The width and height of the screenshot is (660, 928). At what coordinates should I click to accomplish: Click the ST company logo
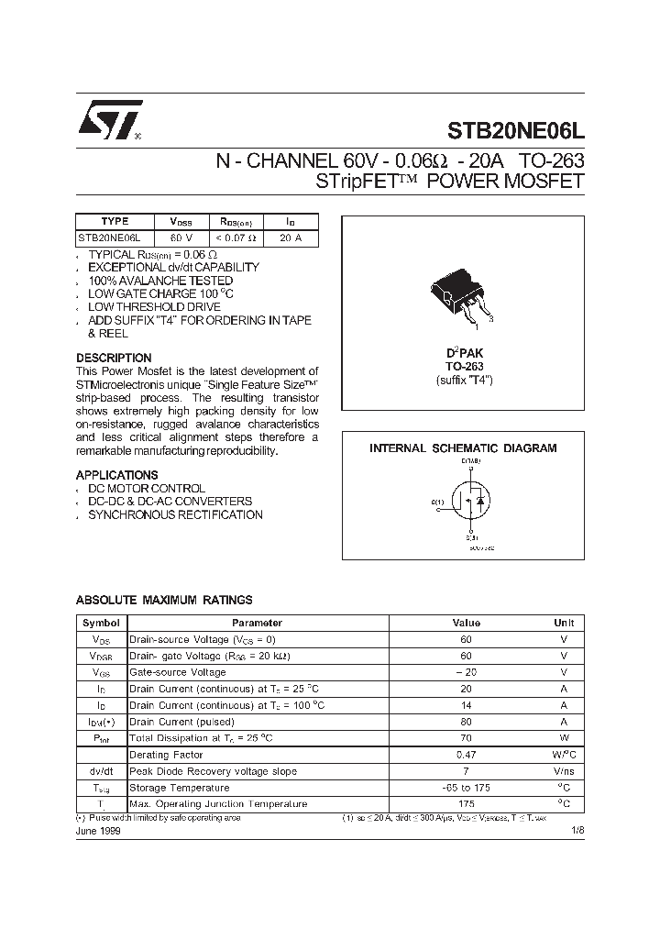[109, 119]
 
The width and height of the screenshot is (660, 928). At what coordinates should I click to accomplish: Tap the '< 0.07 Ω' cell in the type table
[236, 238]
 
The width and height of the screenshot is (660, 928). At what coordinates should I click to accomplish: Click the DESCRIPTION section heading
[114, 358]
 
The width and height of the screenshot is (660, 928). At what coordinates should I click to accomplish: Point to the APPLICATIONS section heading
[116, 475]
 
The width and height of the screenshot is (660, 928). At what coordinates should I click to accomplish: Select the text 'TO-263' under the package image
[463, 366]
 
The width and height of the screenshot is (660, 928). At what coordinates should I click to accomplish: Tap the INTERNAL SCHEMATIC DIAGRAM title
[463, 448]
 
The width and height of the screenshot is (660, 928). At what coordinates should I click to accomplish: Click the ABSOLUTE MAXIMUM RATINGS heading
[164, 600]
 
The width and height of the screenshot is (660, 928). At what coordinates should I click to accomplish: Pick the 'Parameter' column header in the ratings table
[257, 623]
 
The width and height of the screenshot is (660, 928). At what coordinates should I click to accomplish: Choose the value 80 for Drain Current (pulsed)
[466, 722]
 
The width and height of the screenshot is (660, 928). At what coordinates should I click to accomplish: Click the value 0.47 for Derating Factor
[466, 755]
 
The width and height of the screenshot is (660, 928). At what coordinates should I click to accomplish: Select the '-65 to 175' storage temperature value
[466, 788]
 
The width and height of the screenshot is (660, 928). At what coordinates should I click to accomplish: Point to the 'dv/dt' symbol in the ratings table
[101, 771]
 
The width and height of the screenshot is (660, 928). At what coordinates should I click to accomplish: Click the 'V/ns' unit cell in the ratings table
[563, 771]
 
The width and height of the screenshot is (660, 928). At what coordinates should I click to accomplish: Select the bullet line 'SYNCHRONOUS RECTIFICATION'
[175, 514]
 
